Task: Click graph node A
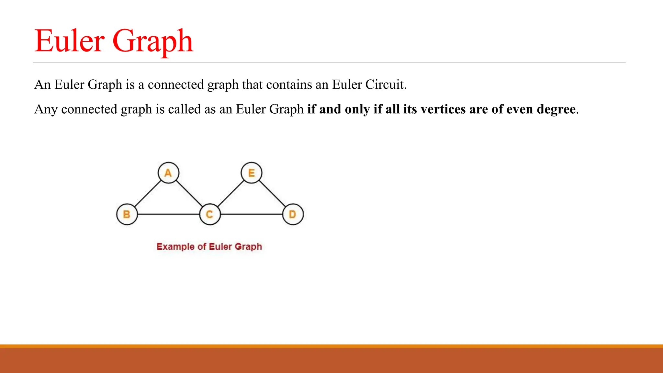(168, 173)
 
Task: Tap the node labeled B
(127, 214)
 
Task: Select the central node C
(210, 214)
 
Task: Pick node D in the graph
(293, 214)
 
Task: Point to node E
(252, 173)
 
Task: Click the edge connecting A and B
(148, 193)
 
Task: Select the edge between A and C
(189, 193)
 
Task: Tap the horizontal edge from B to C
(168, 214)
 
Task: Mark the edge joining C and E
(230, 193)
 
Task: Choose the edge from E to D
(272, 193)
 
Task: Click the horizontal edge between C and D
(251, 214)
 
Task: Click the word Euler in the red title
(70, 41)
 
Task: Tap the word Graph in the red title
(153, 41)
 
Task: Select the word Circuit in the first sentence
(386, 85)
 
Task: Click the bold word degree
(556, 109)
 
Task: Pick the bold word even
(520, 109)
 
